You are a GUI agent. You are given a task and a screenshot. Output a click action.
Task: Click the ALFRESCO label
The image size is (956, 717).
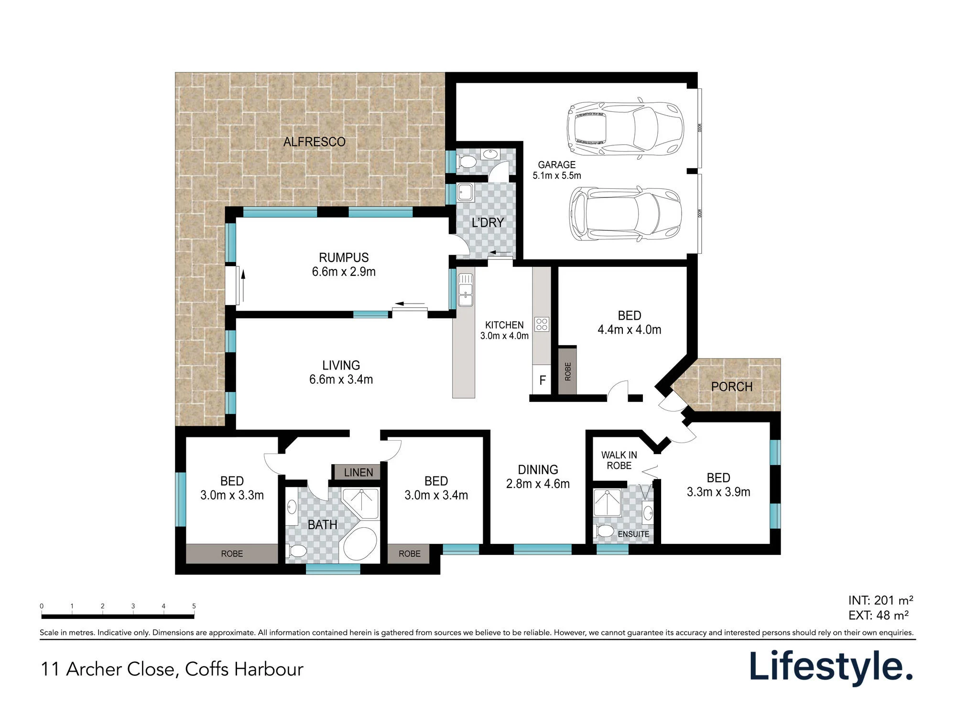pyautogui.click(x=314, y=142)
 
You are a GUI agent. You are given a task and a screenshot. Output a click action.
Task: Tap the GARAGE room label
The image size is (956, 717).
pyautogui.click(x=556, y=165)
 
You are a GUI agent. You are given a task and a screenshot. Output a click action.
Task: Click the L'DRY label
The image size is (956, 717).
pyautogui.click(x=488, y=223)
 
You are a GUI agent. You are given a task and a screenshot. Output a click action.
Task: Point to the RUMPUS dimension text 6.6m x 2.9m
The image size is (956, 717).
pyautogui.click(x=344, y=272)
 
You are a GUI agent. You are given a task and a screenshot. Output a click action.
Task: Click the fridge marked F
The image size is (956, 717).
pyautogui.click(x=542, y=380)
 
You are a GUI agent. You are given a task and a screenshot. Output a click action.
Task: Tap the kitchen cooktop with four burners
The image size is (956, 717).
pyautogui.click(x=542, y=324)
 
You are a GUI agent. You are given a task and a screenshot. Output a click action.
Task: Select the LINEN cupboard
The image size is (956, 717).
pyautogui.click(x=358, y=472)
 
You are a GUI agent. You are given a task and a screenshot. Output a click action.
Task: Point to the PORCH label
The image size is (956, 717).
pyautogui.click(x=732, y=387)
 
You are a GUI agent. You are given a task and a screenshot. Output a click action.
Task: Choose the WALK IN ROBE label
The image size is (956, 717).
pyautogui.click(x=619, y=460)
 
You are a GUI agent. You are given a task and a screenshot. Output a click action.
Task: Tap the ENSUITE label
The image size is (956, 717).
pyautogui.click(x=633, y=534)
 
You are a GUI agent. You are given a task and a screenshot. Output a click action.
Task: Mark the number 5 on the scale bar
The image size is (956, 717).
pyautogui.click(x=194, y=606)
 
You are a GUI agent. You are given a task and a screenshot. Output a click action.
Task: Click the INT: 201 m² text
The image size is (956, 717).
pyautogui.click(x=880, y=600)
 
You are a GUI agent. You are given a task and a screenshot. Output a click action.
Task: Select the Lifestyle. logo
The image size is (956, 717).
pyautogui.click(x=831, y=668)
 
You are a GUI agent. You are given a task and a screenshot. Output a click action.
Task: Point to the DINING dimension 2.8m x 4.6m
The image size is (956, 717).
pyautogui.click(x=538, y=484)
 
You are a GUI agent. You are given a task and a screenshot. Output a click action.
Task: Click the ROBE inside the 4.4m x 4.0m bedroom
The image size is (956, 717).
pyautogui.click(x=567, y=370)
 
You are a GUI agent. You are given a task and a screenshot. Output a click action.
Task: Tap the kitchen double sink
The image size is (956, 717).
pyautogui.click(x=466, y=290)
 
